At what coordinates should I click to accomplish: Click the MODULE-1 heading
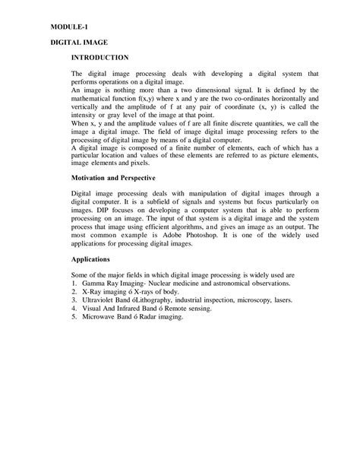[68, 26]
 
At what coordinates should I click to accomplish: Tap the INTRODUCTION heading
[101, 57]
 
